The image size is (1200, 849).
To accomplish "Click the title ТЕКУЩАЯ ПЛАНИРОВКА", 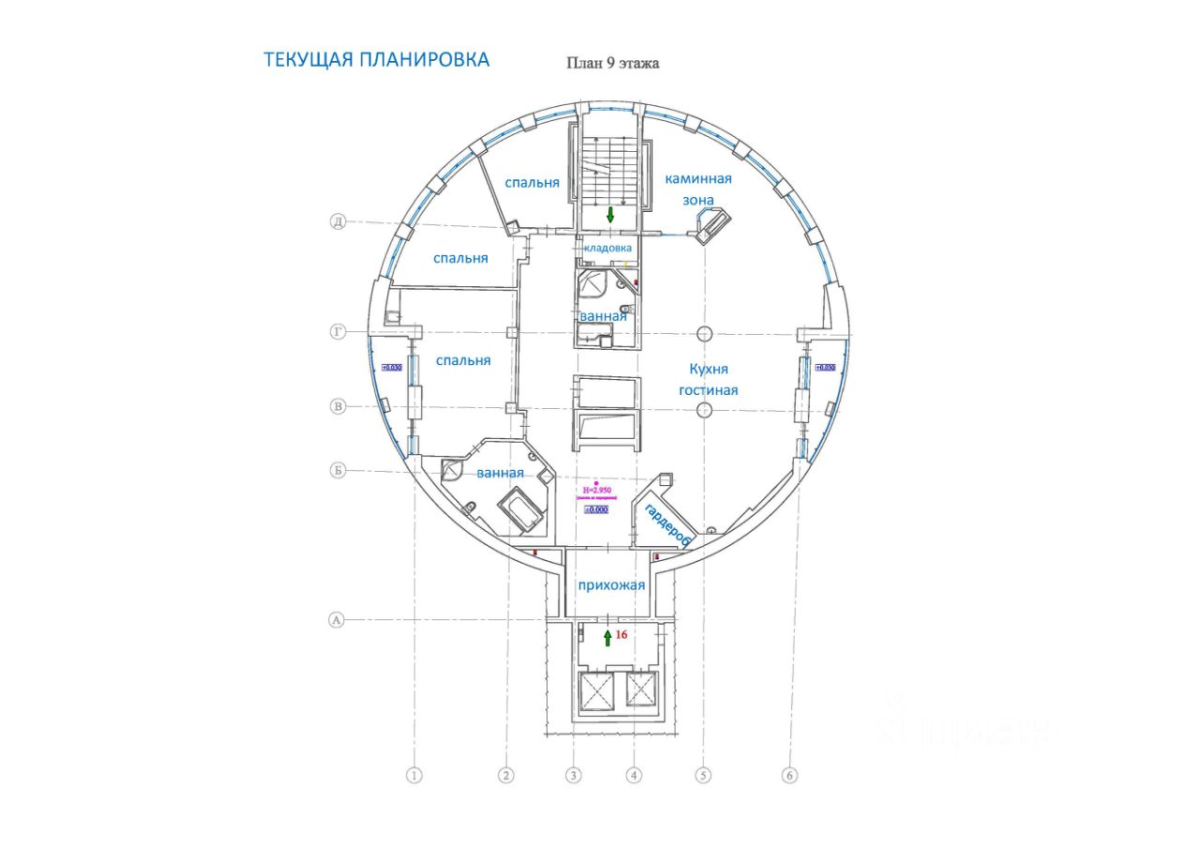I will tap(376, 60).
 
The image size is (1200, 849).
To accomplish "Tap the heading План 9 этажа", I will tap(612, 64).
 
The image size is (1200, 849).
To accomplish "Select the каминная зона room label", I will tap(697, 189).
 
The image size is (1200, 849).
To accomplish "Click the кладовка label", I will tap(607, 248).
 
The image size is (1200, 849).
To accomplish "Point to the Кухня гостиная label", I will tap(708, 380).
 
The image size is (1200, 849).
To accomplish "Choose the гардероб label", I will tap(667, 524).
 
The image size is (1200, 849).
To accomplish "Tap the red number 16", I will tap(620, 635).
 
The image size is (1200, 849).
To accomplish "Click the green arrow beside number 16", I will tap(607, 638).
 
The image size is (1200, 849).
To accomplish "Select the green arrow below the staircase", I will tap(610, 215).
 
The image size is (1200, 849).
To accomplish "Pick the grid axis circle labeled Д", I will tap(338, 222).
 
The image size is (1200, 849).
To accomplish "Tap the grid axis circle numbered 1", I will tap(414, 776).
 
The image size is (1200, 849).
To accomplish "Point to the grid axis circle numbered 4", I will tap(635, 776).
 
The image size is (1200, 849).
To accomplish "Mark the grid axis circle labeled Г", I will tap(338, 332).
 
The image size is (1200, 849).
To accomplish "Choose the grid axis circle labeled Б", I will tap(337, 470).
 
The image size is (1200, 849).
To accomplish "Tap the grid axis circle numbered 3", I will tap(574, 776).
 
